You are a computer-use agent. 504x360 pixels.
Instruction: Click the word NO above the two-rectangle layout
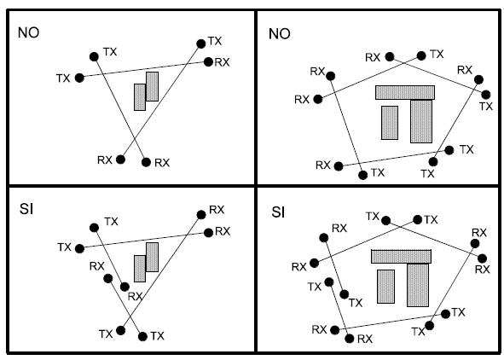(29, 32)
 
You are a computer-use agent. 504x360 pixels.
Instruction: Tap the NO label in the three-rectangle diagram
(280, 34)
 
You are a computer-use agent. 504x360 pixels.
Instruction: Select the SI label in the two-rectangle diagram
(26, 209)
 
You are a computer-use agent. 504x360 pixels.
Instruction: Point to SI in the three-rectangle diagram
(278, 212)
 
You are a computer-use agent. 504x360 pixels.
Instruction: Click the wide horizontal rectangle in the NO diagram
(405, 93)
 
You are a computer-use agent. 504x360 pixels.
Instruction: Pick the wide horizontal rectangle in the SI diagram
(401, 257)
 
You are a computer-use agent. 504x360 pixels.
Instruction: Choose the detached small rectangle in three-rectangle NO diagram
(390, 123)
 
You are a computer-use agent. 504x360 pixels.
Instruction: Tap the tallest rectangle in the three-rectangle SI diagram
(418, 285)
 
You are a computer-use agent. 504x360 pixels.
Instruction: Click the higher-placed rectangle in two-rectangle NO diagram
(153, 86)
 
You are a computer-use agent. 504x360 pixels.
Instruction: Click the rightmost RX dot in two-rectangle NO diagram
(208, 61)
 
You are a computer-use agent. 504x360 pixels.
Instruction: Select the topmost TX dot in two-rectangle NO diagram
(201, 44)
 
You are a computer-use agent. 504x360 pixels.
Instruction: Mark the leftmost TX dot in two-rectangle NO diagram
(79, 78)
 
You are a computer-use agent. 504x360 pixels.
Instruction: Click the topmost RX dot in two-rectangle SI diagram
(201, 215)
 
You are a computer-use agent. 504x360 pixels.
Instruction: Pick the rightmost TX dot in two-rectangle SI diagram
(142, 336)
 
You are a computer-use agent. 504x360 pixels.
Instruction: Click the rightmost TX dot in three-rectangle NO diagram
(486, 95)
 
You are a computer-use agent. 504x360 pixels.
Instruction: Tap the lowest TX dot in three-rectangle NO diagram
(363, 175)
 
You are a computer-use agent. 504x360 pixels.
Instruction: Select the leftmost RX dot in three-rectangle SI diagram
(314, 264)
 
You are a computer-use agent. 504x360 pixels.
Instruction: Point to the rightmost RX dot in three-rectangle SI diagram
(482, 258)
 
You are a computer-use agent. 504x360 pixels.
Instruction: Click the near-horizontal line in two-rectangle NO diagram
(144, 70)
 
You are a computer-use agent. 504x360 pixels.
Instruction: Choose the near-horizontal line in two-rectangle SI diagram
(144, 241)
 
